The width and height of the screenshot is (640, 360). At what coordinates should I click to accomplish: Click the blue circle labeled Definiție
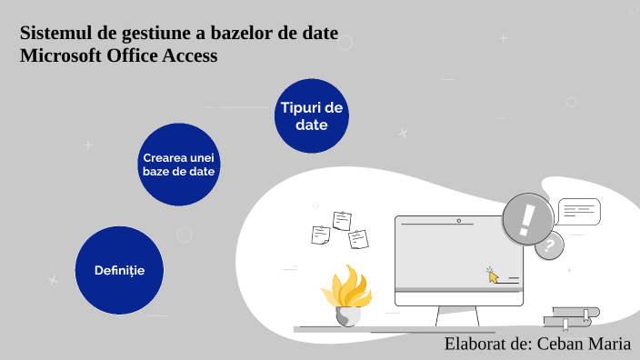coord(118,270)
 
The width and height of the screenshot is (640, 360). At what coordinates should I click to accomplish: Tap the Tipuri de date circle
coord(312,116)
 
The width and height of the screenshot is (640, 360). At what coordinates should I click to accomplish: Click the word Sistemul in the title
coord(54,35)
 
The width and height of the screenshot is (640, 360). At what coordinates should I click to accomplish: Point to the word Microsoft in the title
coord(59,55)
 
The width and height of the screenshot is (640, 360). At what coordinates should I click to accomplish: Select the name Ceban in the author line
coord(564,344)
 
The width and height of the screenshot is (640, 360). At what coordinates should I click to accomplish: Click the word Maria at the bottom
coord(612,344)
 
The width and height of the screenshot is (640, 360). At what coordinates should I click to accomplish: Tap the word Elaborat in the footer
coord(475,344)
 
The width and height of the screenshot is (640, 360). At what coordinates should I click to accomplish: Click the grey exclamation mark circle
coord(528,219)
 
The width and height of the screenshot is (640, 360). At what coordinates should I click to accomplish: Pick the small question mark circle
coord(548,245)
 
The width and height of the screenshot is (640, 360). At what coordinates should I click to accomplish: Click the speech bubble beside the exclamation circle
coord(579,211)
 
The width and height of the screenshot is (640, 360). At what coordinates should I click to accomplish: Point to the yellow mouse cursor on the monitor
coord(493,275)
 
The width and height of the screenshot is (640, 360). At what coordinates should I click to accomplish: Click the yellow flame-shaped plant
coord(346,287)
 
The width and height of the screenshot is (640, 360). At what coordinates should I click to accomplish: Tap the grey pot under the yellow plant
coord(347,316)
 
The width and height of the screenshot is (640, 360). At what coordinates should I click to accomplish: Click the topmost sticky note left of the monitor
coord(343,220)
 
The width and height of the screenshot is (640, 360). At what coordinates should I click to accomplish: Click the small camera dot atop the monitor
coord(459,220)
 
